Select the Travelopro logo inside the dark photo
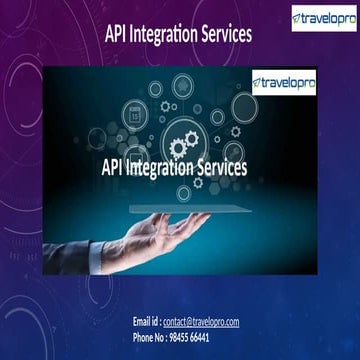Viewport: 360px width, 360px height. (283, 85)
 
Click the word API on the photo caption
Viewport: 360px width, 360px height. (115, 167)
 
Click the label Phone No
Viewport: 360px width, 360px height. (150, 338)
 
